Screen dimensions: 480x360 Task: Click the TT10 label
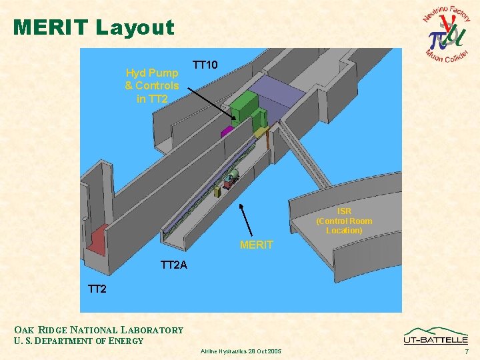(x=205, y=65)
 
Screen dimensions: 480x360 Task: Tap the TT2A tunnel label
(x=174, y=265)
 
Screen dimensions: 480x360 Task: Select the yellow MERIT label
(x=256, y=245)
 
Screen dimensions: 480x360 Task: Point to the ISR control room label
(x=344, y=221)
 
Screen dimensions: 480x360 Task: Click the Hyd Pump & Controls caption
(x=152, y=85)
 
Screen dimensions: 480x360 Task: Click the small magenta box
(x=227, y=131)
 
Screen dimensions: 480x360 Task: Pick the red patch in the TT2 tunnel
(x=97, y=240)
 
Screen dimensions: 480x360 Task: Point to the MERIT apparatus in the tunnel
(x=231, y=176)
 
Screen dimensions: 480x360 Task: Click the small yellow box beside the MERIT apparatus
(x=217, y=192)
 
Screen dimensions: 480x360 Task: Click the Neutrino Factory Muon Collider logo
(x=447, y=33)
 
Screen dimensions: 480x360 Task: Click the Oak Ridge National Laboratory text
(x=99, y=329)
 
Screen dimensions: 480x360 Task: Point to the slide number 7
(x=467, y=351)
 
